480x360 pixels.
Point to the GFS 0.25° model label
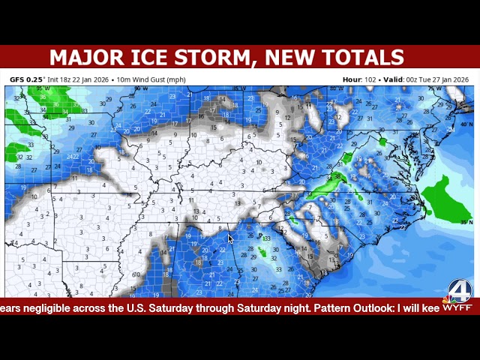[28, 79]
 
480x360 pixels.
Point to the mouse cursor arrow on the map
[230, 238]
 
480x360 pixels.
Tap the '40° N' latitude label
[466, 124]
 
